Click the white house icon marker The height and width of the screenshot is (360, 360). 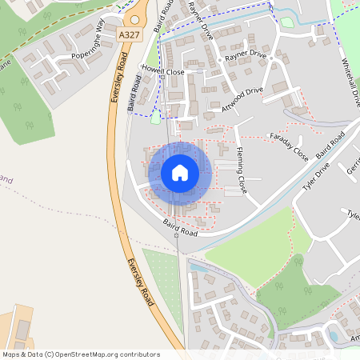(180, 172)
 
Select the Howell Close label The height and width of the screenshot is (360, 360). (162, 71)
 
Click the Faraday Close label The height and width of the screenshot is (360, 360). (288, 143)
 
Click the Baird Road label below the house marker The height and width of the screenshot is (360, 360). (179, 227)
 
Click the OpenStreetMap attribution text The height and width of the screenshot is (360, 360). (81, 354)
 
